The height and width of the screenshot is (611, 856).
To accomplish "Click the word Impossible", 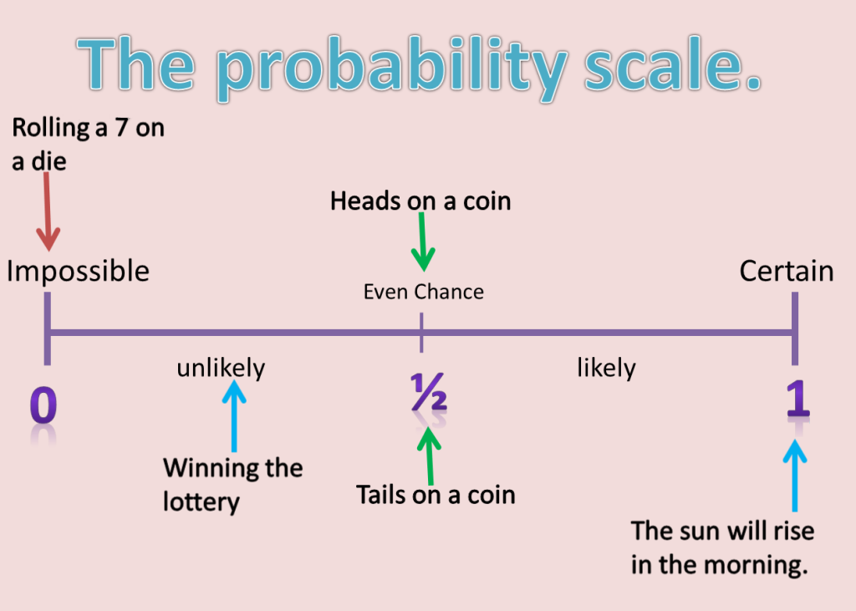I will [78, 272].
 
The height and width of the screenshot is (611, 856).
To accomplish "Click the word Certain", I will [786, 272].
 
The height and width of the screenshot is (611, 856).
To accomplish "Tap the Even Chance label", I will [423, 292].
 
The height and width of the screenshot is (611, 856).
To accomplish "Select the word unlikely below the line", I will [221, 368].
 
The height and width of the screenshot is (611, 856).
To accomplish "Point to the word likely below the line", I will [606, 368].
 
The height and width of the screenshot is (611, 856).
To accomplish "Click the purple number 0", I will [43, 405].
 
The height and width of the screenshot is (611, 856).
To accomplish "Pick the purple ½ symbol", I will [428, 395].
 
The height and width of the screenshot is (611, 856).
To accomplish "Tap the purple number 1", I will [797, 400].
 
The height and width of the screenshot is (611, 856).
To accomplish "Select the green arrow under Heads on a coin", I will [424, 242].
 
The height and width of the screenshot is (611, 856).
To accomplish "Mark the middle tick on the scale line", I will [421, 333].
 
